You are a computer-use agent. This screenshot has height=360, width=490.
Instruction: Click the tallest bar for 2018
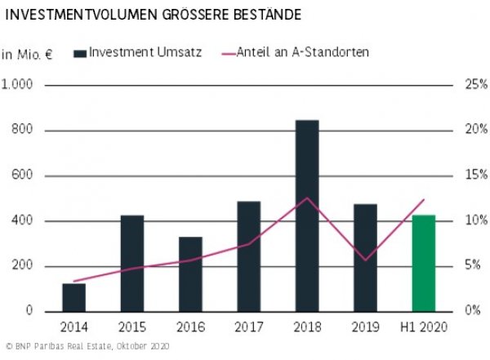click(307, 216)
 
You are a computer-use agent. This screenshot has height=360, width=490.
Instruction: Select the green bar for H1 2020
click(423, 263)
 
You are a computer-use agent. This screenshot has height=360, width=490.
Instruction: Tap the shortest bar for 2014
click(73, 297)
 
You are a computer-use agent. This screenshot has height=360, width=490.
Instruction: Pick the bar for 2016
click(190, 274)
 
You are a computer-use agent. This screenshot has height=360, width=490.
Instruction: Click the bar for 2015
click(132, 263)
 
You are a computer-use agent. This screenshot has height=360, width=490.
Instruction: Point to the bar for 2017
click(248, 256)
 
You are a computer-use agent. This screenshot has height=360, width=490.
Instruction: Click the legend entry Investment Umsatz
click(135, 52)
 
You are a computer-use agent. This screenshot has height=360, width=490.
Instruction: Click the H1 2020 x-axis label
click(423, 327)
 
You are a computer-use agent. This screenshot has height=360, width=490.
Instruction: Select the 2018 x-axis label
click(307, 327)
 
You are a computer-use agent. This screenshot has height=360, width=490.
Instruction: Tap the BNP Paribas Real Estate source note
click(86, 348)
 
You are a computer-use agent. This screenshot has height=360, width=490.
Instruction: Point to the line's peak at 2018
click(307, 198)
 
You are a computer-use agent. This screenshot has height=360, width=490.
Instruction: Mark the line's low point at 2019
click(365, 260)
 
